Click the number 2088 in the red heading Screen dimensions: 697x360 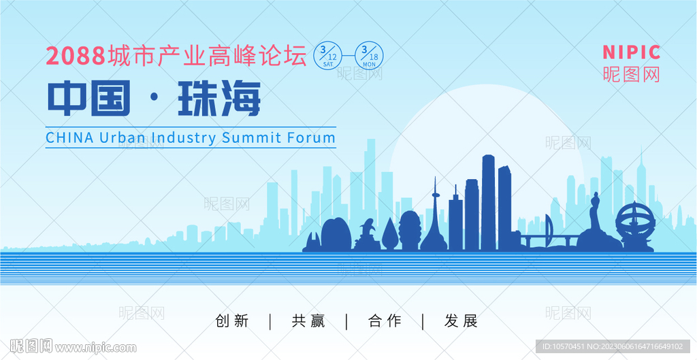(x=76, y=56)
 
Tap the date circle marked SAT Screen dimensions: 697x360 (x=328, y=56)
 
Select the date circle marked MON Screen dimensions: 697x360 (x=369, y=56)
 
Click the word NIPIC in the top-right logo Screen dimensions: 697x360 (x=631, y=52)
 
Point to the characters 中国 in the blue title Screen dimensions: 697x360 (x=89, y=99)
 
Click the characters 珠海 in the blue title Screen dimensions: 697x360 (x=219, y=99)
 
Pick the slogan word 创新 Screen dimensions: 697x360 (x=232, y=321)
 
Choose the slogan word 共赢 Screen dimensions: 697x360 (x=308, y=321)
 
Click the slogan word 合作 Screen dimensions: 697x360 (x=385, y=321)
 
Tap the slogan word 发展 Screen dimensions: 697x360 (x=461, y=321)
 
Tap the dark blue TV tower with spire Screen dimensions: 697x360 (x=434, y=223)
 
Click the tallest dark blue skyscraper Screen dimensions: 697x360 (x=489, y=203)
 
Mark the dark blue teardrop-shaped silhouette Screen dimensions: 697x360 (x=389, y=235)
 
